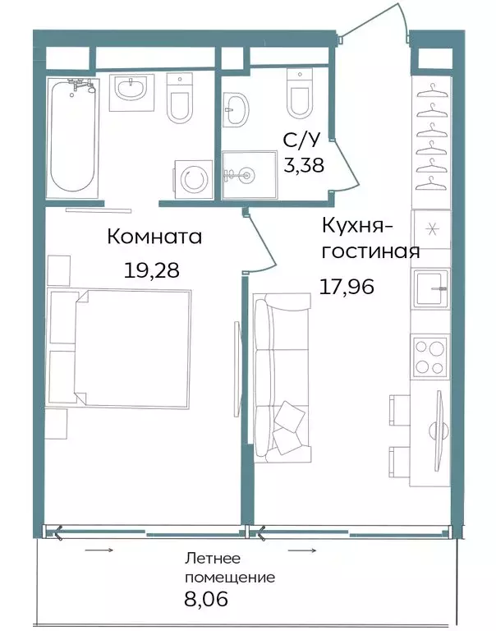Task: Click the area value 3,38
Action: (x=304, y=165)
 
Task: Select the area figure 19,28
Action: (x=151, y=270)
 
